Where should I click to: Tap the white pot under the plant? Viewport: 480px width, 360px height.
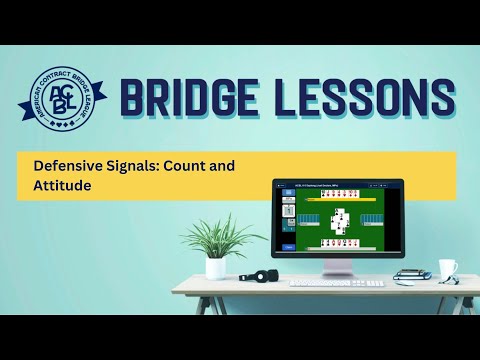[216, 267]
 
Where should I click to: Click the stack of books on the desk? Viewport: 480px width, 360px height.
[410, 274]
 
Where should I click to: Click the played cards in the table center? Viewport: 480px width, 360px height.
[339, 219]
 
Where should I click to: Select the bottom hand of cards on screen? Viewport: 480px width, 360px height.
[338, 243]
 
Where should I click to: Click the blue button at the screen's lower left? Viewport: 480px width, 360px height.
[289, 247]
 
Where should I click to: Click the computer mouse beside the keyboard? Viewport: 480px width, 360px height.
[373, 283]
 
